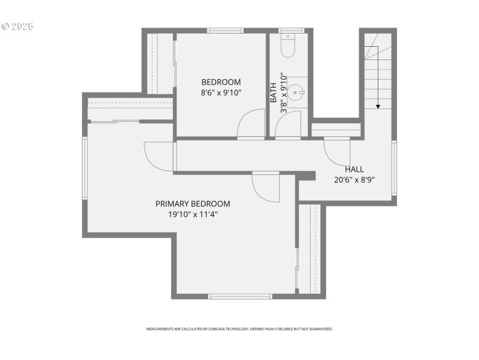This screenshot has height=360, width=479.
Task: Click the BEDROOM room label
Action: [x=221, y=82]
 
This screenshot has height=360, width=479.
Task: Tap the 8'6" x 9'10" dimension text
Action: [x=221, y=93]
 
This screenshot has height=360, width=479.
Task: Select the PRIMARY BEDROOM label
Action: [x=193, y=204]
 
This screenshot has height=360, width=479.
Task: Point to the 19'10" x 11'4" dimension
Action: [x=193, y=214]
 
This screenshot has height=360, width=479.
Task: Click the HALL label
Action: [x=354, y=169]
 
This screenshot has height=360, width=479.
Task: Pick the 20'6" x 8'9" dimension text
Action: [x=354, y=179]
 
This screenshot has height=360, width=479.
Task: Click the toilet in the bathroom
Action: [x=288, y=47]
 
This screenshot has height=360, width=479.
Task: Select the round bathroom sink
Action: [x=296, y=93]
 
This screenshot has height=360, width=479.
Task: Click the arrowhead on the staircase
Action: [x=378, y=106]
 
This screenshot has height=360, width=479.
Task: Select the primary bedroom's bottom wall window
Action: [x=239, y=296]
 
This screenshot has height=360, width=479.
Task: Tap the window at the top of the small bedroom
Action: [x=225, y=31]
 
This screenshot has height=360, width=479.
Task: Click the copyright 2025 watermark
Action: [x=17, y=26]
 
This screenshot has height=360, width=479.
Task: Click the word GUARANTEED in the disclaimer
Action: [x=320, y=329]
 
